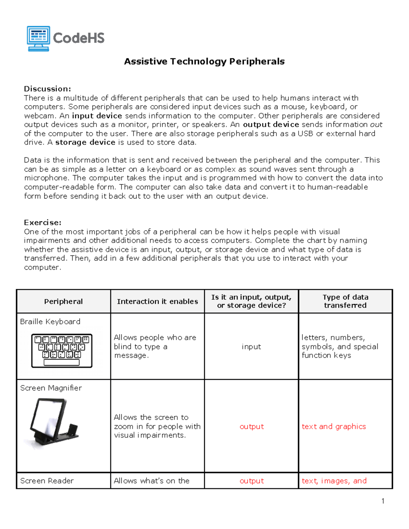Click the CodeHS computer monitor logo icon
click(x=39, y=38)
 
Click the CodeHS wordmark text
click(x=79, y=38)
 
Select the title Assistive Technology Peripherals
click(x=204, y=62)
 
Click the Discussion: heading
click(x=47, y=89)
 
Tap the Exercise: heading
click(x=43, y=222)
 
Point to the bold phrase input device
click(x=97, y=116)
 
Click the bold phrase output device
click(x=271, y=125)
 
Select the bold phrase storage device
click(x=85, y=142)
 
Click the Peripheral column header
click(x=63, y=301)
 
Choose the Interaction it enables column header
click(x=157, y=301)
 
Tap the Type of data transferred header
click(x=345, y=301)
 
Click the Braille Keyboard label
click(x=50, y=322)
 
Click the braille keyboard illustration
click(x=62, y=351)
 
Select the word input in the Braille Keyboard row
click(x=251, y=346)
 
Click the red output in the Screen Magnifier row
click(x=252, y=426)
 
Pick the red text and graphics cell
click(x=334, y=426)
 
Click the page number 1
click(x=383, y=501)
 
